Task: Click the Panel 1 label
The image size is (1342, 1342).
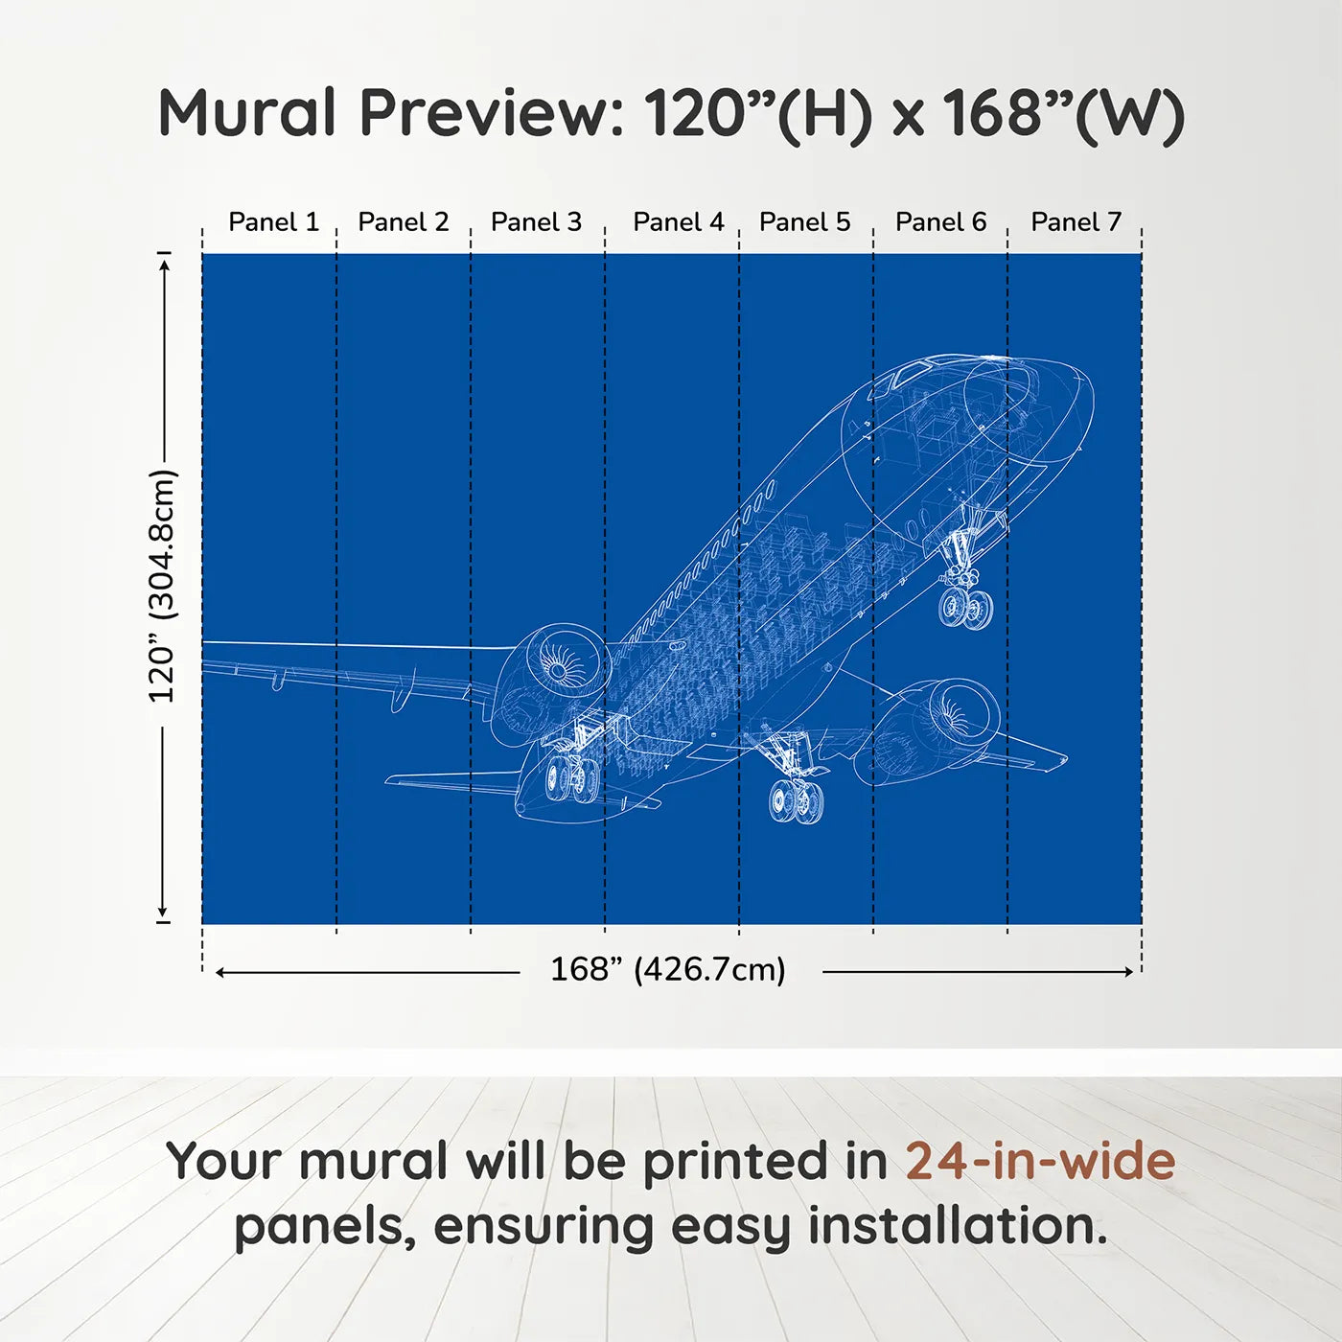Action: coord(274,222)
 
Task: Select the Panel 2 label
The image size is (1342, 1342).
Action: coord(404,222)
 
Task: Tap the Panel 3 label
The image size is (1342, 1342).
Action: coord(536,222)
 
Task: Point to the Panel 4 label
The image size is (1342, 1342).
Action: coord(679,222)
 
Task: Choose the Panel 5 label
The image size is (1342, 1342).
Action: coord(805,222)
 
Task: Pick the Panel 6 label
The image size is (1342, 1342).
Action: coord(941,222)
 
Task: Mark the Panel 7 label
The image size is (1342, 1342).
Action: coord(1076,222)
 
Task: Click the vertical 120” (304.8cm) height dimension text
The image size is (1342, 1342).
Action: coord(163,586)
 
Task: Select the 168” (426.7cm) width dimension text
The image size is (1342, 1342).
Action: coord(668,969)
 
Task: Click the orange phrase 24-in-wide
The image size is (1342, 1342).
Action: coord(1040,1161)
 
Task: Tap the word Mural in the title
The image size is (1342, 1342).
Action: coord(247,112)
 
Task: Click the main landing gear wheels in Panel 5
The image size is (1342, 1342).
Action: coord(796,800)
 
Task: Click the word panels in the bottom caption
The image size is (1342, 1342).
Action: coord(319,1229)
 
